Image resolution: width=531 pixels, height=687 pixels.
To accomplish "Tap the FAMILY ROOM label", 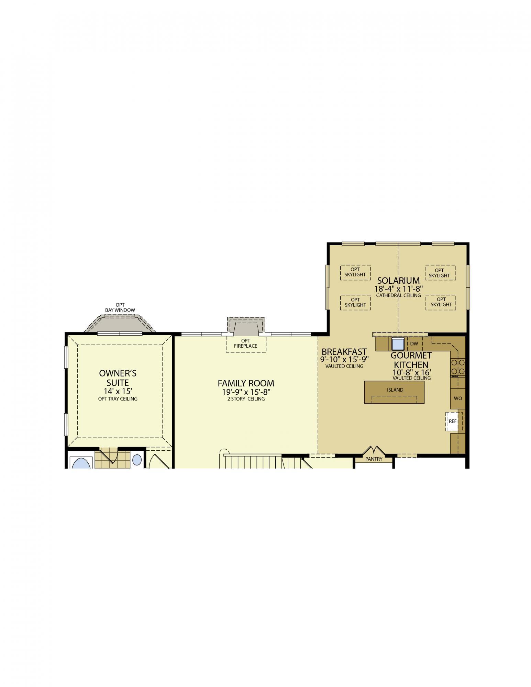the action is point(246,383).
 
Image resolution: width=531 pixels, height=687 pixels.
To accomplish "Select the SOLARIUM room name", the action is point(398,281).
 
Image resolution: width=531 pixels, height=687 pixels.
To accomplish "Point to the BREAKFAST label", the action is point(344,352).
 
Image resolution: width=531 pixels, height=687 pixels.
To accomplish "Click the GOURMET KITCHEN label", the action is point(411,360).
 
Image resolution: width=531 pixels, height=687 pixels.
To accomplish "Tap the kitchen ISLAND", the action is point(394,392).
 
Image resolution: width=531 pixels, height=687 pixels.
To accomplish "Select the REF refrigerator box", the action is point(453,421).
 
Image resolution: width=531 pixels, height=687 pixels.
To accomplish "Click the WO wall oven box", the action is point(458,398).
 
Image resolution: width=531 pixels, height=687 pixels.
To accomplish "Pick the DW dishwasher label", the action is point(414,343).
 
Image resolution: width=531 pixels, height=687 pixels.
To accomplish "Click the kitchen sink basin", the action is point(398,344).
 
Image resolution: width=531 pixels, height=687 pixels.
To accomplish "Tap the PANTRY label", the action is point(374,459).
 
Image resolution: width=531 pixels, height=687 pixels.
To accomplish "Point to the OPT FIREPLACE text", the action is point(246,343).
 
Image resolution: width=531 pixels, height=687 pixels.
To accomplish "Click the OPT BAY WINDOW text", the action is point(120,307).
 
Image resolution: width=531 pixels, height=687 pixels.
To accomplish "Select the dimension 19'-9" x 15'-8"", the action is point(246,392).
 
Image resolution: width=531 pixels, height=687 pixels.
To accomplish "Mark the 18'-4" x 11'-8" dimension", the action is point(398,289).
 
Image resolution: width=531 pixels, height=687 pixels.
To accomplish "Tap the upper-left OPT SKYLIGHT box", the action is point(355,272).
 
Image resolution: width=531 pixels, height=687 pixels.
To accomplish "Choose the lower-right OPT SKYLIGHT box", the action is point(441,302).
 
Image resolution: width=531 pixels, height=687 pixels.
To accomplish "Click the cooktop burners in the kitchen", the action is point(458,367).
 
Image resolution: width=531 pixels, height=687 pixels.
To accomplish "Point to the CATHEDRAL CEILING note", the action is point(398,295).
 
